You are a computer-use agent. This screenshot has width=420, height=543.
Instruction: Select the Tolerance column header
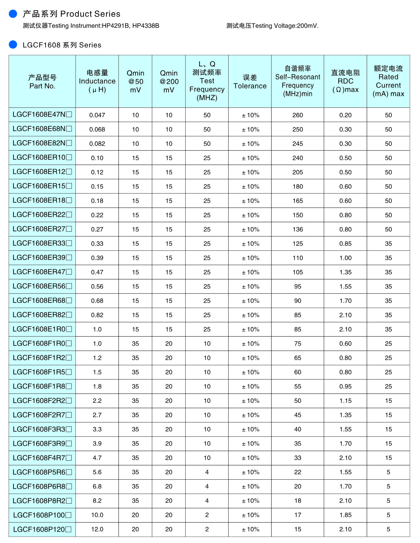(x=250, y=82)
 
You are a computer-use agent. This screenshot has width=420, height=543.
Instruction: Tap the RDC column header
(x=345, y=81)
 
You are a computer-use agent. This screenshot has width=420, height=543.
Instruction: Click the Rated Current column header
(x=388, y=81)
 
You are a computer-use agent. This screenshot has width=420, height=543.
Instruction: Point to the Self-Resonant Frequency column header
(x=297, y=81)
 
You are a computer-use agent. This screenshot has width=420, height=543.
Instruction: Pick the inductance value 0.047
(x=97, y=115)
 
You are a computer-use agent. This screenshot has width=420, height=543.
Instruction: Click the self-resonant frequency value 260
(x=297, y=115)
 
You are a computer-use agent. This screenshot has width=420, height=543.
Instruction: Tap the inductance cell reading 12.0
(x=97, y=529)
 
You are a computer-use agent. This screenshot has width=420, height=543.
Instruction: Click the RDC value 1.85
(x=345, y=515)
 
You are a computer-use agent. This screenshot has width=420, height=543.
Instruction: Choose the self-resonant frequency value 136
(x=297, y=229)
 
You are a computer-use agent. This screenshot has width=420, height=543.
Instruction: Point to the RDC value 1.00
(x=345, y=258)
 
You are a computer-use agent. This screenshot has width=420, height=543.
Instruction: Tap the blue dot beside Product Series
(x=13, y=14)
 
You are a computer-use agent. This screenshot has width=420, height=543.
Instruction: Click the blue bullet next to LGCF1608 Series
(x=13, y=45)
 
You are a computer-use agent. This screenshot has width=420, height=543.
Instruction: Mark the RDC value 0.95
(x=345, y=386)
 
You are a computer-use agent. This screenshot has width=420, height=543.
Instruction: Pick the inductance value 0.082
(x=97, y=144)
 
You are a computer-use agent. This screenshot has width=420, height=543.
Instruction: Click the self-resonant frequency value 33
(x=297, y=458)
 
